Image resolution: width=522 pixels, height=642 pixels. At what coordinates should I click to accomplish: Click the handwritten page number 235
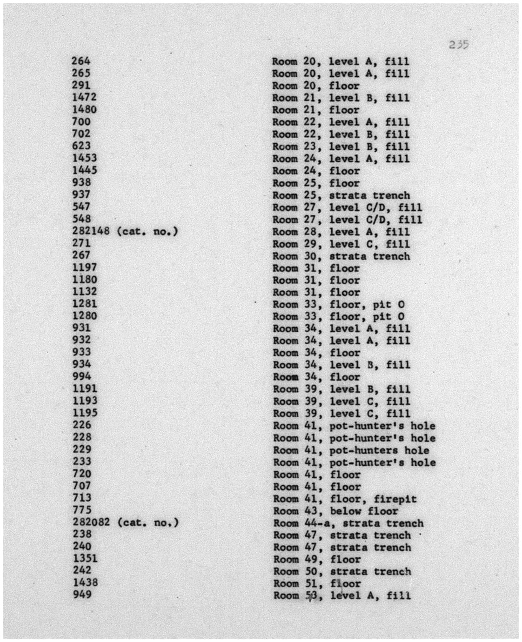[459, 45]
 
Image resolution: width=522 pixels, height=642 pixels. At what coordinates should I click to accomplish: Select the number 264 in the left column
[81, 61]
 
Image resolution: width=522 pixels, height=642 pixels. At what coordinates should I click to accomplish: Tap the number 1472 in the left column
[84, 97]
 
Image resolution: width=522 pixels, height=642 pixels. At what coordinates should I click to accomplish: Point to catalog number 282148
[91, 231]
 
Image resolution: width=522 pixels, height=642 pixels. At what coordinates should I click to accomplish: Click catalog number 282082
[91, 522]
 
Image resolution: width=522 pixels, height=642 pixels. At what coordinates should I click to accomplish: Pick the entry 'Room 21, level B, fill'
[341, 98]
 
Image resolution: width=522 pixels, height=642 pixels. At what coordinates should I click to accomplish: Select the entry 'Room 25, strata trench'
[341, 195]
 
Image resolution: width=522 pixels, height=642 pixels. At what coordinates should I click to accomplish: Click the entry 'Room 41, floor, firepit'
[345, 499]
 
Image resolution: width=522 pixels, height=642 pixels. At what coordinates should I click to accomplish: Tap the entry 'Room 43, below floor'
[335, 511]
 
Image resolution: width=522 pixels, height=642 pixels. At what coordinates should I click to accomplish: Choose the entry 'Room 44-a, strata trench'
[348, 523]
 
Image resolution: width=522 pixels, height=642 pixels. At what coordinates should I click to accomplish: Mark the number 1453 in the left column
[84, 158]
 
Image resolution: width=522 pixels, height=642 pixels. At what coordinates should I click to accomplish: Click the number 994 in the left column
[82, 376]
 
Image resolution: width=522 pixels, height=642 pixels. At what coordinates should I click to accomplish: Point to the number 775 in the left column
[82, 510]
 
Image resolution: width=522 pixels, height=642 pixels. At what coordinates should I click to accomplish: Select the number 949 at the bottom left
[82, 594]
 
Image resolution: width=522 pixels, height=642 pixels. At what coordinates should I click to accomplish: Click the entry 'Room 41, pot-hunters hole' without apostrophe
[351, 450]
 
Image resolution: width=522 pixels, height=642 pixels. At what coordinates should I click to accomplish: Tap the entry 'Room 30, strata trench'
[341, 256]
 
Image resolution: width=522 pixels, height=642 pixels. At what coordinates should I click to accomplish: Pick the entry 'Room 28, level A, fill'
[341, 232]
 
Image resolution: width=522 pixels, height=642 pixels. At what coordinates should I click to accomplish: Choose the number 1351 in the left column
[85, 558]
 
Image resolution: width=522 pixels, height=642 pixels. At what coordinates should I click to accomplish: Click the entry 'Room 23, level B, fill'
[341, 147]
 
